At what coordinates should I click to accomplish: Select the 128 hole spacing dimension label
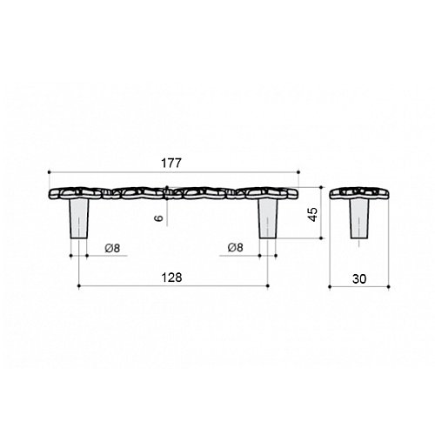(x=171, y=278)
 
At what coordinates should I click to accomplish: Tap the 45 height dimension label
(x=312, y=214)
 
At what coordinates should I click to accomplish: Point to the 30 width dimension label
(x=359, y=279)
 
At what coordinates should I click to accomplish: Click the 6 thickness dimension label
(x=159, y=217)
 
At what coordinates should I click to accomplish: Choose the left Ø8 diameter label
(x=112, y=248)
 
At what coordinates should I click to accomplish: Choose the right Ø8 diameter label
(x=236, y=247)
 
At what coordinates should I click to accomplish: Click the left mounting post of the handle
(x=79, y=218)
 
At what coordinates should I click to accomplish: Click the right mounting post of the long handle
(x=268, y=218)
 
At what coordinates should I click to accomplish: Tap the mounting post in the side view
(x=359, y=219)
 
